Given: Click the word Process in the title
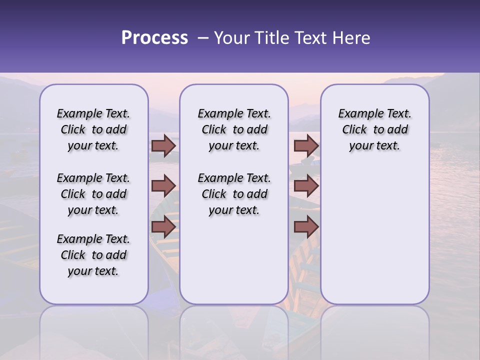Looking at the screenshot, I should (154, 38).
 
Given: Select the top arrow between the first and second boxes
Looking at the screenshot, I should (163, 145).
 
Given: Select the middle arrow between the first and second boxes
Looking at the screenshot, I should (163, 186).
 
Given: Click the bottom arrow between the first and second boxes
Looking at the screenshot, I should (163, 227).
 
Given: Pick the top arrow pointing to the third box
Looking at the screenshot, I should (306, 145).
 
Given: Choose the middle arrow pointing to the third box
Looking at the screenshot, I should (306, 186).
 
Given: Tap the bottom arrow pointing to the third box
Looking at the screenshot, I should (306, 227).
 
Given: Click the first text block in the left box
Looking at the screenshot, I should (93, 129).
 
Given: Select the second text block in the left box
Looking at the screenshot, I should (93, 194).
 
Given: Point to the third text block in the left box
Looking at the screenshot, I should (93, 255).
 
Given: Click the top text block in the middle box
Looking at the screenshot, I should (234, 129).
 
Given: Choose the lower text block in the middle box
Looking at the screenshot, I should (234, 194).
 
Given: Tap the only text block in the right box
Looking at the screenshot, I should (374, 129).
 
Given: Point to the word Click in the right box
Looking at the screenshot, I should (354, 130).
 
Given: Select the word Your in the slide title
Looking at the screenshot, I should (230, 38).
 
